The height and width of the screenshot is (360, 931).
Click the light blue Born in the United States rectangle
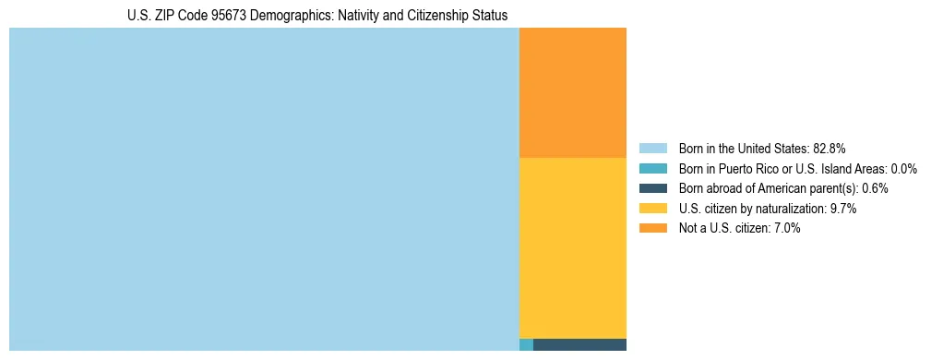click(x=264, y=189)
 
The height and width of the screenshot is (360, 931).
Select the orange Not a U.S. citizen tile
click(x=573, y=92)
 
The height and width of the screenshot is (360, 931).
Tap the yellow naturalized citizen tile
click(x=573, y=247)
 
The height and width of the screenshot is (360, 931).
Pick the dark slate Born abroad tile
click(x=579, y=345)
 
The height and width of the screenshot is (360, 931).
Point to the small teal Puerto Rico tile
click(x=526, y=345)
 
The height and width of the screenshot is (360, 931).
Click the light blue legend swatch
click(x=652, y=149)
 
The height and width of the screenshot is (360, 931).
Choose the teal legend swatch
click(x=652, y=169)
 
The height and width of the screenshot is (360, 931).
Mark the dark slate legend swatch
click(x=652, y=188)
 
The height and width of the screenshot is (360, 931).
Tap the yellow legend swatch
click(x=652, y=209)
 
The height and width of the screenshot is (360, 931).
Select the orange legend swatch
click(x=652, y=228)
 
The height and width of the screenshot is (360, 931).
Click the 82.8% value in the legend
click(x=830, y=149)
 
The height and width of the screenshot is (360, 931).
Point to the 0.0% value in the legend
click(x=903, y=169)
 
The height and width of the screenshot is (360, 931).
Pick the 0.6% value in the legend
click(x=875, y=188)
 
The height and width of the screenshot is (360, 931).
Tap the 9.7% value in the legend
click(x=843, y=209)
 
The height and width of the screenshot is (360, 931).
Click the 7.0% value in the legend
click(x=787, y=228)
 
